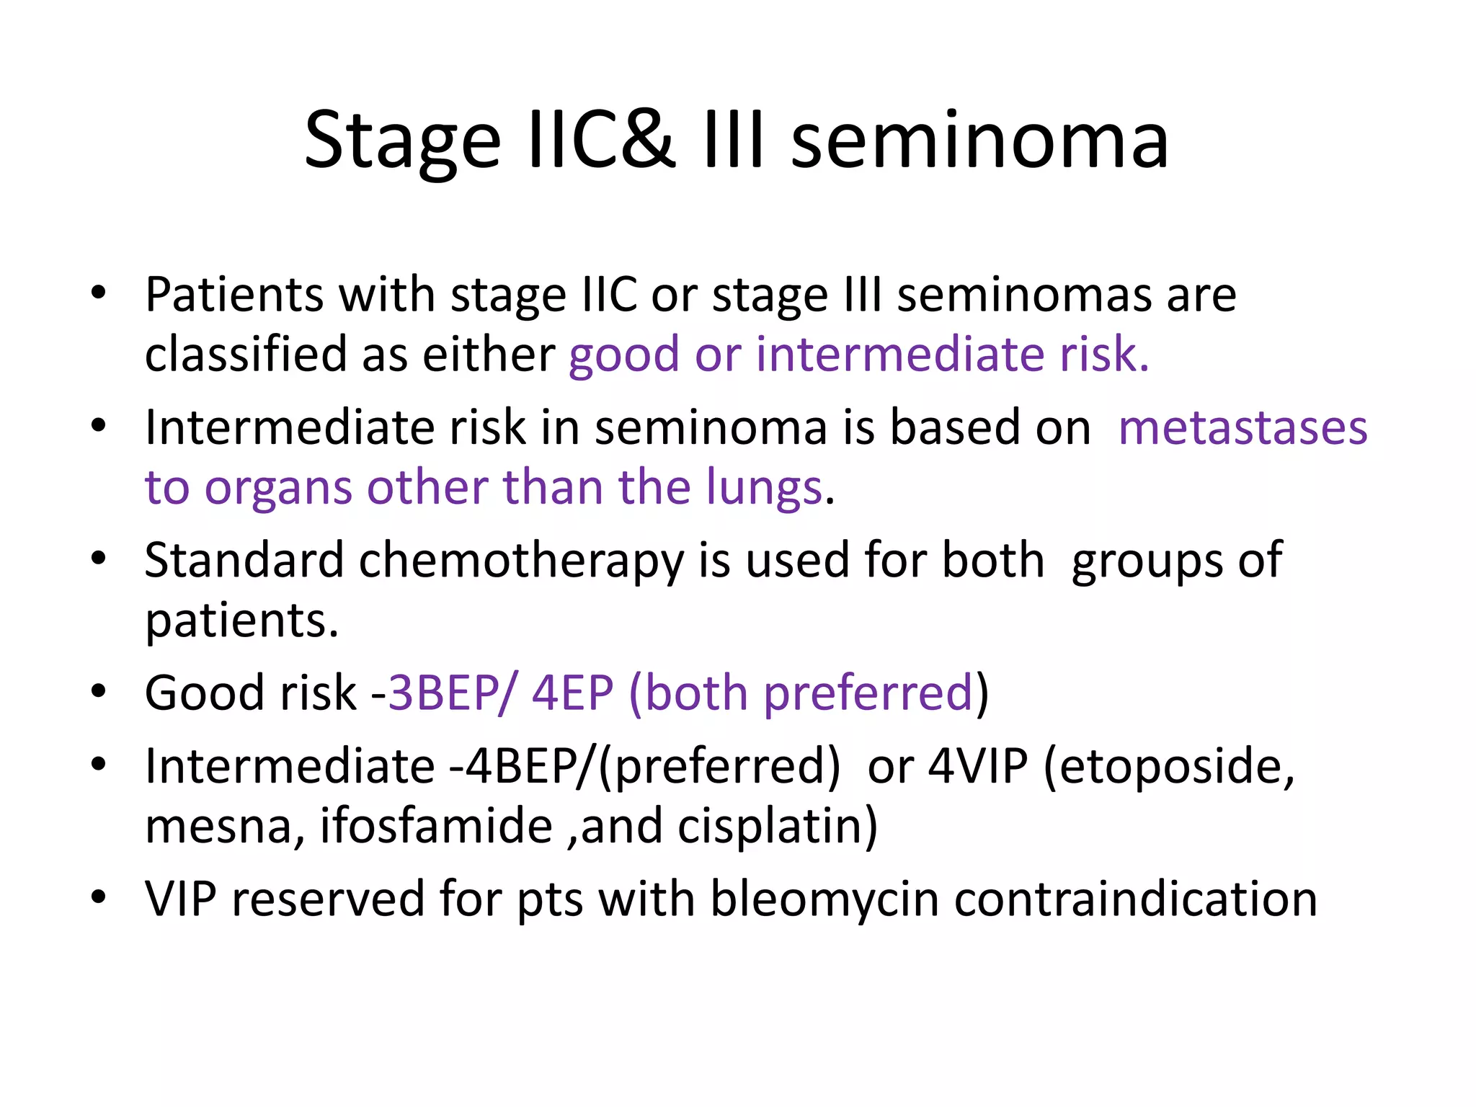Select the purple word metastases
[1242, 427]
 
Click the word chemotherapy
[521, 561]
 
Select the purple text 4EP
[573, 693]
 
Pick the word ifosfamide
[436, 826]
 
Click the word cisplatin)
[778, 826]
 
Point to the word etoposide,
[1169, 766]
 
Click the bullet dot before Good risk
[99, 692]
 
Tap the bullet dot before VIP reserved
[99, 898]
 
